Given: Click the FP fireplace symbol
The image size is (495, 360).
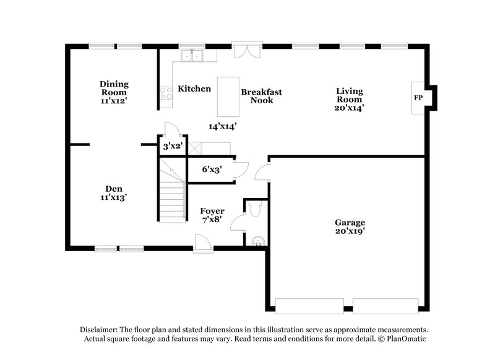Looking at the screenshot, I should tap(418, 99).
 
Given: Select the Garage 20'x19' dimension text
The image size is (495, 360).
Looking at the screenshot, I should tap(350, 233).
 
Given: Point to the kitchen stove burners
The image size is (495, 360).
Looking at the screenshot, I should tap(166, 93).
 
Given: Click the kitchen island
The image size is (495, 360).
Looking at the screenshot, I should tap(228, 96).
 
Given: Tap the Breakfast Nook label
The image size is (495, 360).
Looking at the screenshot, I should tap(261, 96).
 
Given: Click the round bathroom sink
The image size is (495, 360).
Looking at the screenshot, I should tap(258, 240).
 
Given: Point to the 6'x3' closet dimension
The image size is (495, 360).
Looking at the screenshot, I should tap(212, 169).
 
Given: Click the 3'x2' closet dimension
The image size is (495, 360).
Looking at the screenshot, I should tap(171, 147).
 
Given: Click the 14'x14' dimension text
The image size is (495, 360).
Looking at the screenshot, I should tap(223, 126).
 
